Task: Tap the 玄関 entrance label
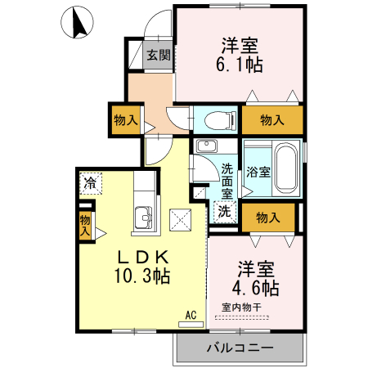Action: point(159,56)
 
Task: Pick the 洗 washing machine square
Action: point(223,209)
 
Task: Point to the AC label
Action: point(191,314)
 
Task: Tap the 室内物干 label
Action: point(241,307)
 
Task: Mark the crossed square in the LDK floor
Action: point(179,219)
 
